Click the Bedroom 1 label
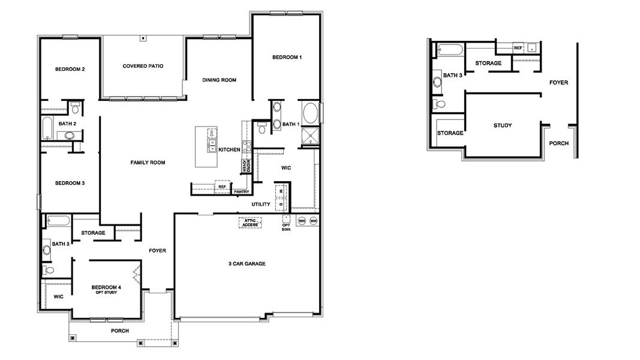click(x=287, y=57)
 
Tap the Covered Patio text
click(x=143, y=66)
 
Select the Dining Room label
click(x=219, y=80)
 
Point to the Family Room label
click(x=148, y=163)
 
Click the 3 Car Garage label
click(x=247, y=263)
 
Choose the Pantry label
click(x=241, y=192)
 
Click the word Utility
click(x=261, y=205)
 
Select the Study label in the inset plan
click(x=503, y=125)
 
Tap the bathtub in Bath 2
click(x=48, y=127)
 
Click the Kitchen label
click(x=229, y=149)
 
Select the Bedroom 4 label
click(x=106, y=287)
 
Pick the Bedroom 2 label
click(x=70, y=69)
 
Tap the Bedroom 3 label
click(x=70, y=183)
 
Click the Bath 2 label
click(x=67, y=124)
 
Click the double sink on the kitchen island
click(x=212, y=145)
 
